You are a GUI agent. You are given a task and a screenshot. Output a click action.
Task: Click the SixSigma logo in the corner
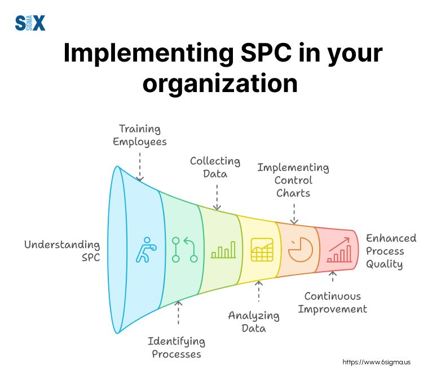pos(30,23)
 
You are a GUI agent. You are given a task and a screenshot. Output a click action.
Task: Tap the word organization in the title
pos(220,84)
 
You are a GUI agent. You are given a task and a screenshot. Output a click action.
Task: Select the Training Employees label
pos(140,136)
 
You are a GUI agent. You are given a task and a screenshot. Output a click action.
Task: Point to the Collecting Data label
pos(215,167)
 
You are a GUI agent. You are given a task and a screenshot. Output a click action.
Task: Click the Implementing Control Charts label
pos(293,180)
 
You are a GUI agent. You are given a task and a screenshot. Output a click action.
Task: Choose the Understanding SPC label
pos(62,251)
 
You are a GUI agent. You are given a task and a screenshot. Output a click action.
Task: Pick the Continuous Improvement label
pos(332,302)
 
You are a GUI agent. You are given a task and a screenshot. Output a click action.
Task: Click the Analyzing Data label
pos(254,321)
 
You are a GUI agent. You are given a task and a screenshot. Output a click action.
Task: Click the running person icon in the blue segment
pos(142,250)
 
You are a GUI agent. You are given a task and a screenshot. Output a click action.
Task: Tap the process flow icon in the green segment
pos(184,250)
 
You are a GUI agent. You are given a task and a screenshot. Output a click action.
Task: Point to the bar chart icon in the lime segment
pos(223,250)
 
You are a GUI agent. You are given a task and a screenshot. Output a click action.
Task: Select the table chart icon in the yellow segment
pos(262,249)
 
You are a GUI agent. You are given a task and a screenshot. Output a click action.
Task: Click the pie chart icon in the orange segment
pos(300,249)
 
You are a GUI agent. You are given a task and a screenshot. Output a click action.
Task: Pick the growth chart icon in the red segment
pos(338,250)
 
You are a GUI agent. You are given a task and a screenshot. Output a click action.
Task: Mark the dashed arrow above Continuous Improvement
pos(332,277)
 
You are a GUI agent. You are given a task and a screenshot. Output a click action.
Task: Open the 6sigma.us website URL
pos(376,361)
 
